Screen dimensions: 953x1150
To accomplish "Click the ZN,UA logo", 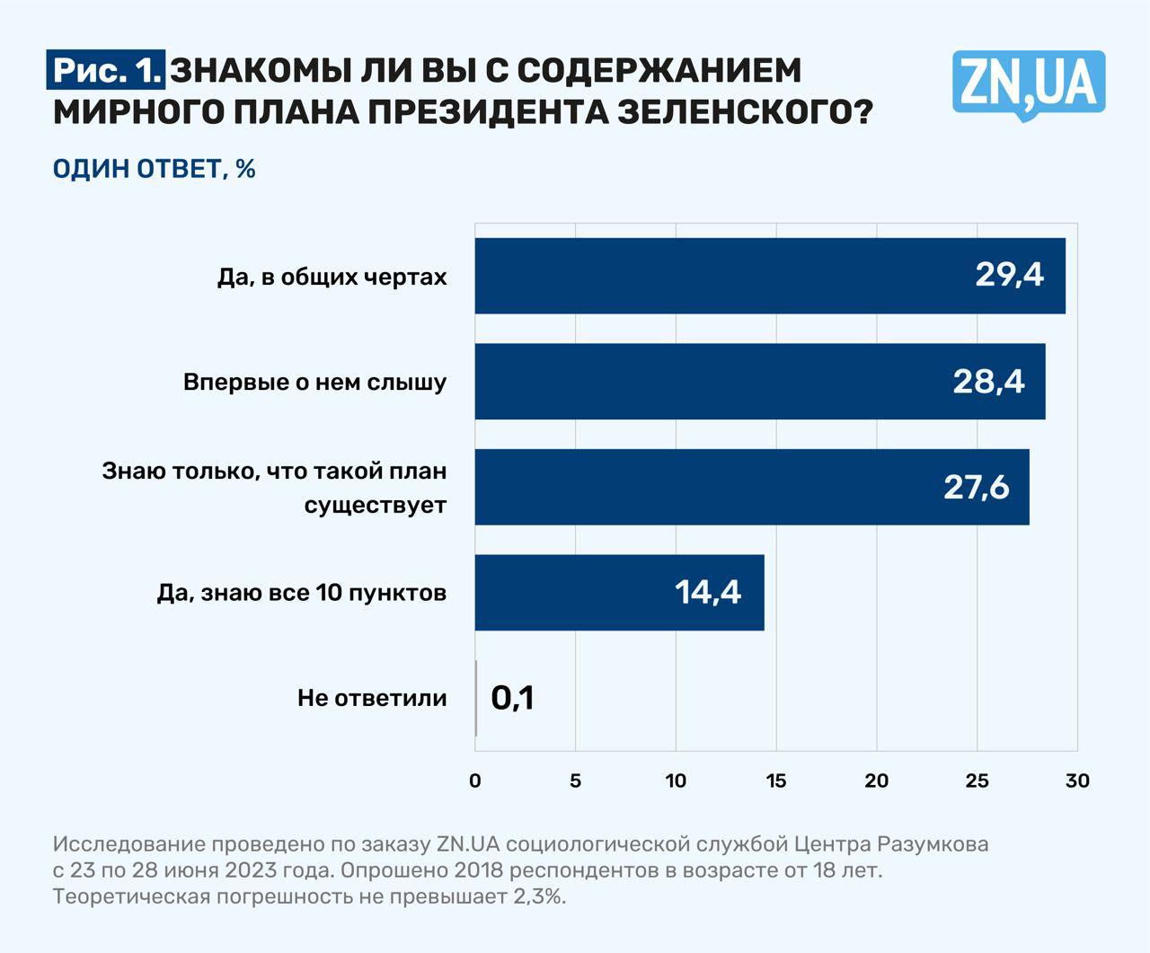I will click(1028, 84).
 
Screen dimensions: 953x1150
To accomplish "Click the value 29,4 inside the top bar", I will click(1009, 275).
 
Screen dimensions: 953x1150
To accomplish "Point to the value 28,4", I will click(988, 381).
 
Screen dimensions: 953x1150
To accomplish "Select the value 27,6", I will click(976, 487).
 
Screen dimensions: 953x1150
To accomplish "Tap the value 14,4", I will click(708, 592).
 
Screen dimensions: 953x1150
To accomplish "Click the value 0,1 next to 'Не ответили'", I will click(512, 698).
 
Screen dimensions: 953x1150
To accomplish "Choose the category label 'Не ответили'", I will click(372, 698).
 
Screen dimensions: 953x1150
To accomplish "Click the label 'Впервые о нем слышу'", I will click(314, 382).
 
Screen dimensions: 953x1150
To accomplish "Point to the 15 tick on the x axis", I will click(776, 781).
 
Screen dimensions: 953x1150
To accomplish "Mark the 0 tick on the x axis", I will click(475, 781).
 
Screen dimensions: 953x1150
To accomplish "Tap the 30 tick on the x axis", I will click(1077, 781).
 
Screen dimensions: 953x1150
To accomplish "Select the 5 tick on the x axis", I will click(576, 781).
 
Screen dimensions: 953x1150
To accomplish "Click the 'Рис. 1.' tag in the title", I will click(107, 70).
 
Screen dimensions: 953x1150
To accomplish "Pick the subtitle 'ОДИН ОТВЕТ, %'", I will click(155, 168).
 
